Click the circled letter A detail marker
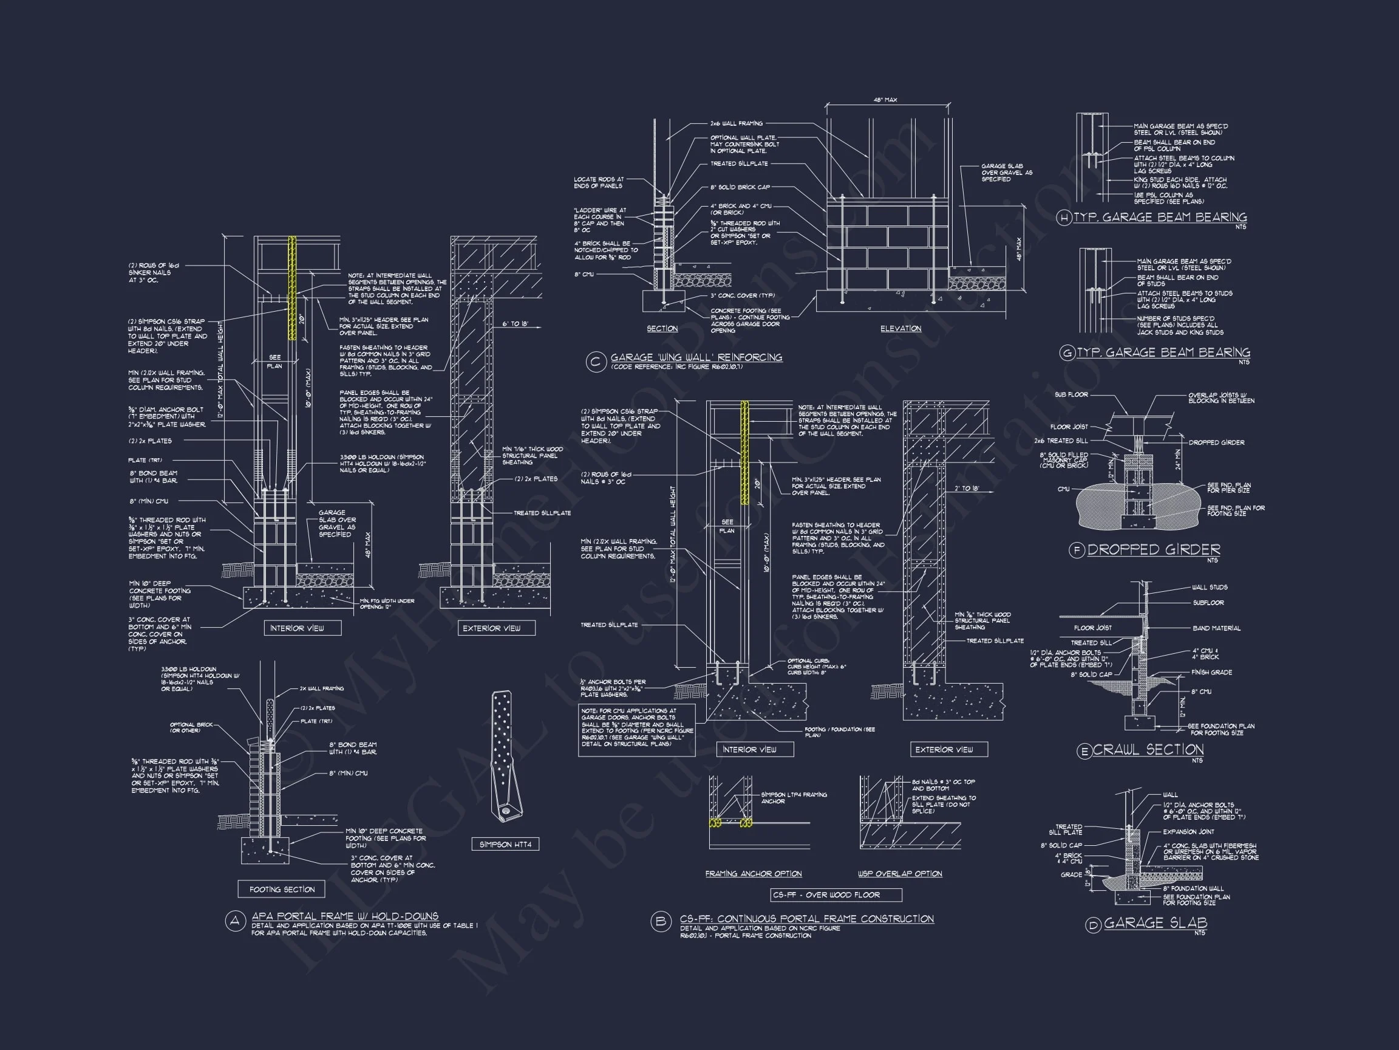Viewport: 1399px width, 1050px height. pos(235,922)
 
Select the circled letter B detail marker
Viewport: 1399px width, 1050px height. pos(660,922)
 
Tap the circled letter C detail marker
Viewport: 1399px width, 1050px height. pos(595,362)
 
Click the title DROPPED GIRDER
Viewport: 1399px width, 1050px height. pos(1154,549)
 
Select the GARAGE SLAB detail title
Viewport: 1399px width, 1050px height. pos(1155,923)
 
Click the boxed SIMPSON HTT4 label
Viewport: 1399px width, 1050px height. pos(505,844)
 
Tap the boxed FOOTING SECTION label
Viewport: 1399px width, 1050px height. pos(282,889)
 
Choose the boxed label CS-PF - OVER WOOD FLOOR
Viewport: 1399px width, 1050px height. pos(836,895)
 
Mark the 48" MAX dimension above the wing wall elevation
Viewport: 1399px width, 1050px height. pos(885,100)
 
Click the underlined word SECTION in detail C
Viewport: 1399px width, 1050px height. pos(662,329)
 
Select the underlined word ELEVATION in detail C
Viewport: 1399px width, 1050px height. pos(900,329)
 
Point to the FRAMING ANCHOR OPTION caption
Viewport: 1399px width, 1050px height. pos(754,873)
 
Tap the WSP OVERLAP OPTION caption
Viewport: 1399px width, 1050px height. pos(899,873)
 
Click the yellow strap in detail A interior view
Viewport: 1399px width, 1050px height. pos(292,288)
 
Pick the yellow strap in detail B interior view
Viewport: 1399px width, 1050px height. pos(744,452)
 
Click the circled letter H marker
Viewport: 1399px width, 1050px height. pos(1064,218)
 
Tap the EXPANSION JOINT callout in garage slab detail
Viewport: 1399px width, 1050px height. pos(1188,832)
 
